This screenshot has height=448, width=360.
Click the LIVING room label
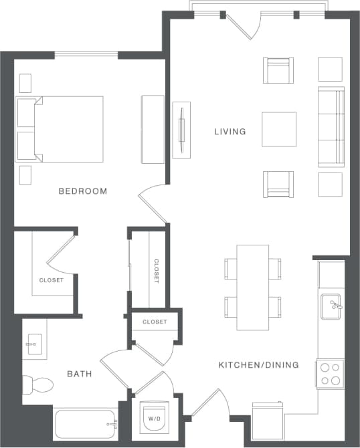click(230, 132)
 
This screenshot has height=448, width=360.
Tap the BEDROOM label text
click(83, 191)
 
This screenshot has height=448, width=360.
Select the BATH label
click(80, 373)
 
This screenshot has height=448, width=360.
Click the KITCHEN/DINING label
click(258, 365)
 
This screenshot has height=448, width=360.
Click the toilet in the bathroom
click(38, 384)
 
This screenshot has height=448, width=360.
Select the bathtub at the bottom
click(86, 423)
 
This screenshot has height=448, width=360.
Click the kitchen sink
click(332, 306)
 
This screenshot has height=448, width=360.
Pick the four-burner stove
click(331, 374)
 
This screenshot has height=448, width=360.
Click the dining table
click(252, 287)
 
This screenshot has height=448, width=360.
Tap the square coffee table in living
click(279, 128)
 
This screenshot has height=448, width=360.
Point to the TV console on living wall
click(181, 130)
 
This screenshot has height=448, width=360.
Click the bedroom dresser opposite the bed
click(153, 129)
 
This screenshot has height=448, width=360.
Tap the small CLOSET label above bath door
click(155, 322)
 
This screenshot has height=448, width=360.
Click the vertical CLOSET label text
click(157, 271)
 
